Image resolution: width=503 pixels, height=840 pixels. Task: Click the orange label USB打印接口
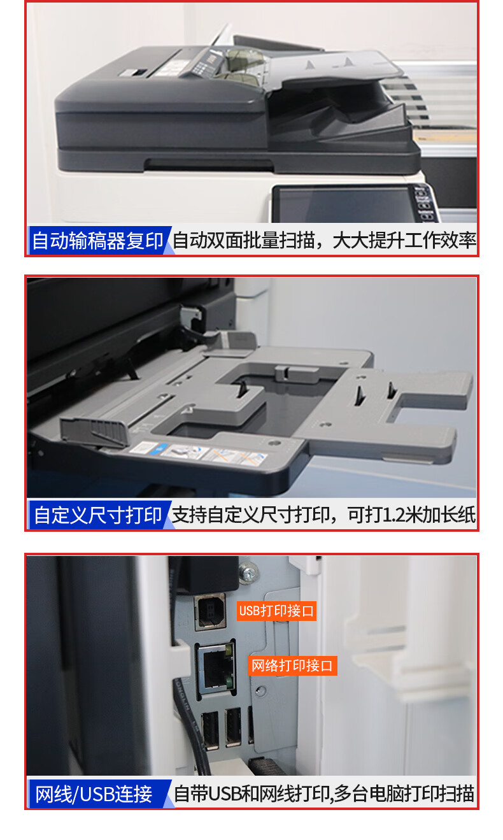pyautogui.click(x=276, y=611)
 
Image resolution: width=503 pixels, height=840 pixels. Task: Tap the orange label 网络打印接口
pyautogui.click(x=292, y=666)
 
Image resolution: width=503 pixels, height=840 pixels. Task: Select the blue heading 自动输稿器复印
pyautogui.click(x=97, y=241)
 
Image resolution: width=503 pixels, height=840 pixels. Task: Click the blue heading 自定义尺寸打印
pyautogui.click(x=97, y=515)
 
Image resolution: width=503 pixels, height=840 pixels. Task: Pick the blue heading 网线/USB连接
pyautogui.click(x=94, y=794)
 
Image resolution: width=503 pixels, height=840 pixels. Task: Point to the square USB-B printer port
pyautogui.click(x=210, y=611)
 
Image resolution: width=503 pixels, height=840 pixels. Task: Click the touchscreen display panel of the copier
pyautogui.click(x=345, y=204)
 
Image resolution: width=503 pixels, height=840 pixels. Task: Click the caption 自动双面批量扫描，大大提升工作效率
pyautogui.click(x=324, y=240)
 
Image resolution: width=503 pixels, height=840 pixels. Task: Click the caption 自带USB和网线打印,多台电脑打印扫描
pyautogui.click(x=324, y=794)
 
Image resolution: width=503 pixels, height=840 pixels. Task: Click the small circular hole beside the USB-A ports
pyautogui.click(x=260, y=690)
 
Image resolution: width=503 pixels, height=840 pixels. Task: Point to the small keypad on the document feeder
pyautogui.click(x=204, y=64)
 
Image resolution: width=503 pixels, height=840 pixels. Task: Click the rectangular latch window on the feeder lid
pyautogui.click(x=134, y=72)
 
